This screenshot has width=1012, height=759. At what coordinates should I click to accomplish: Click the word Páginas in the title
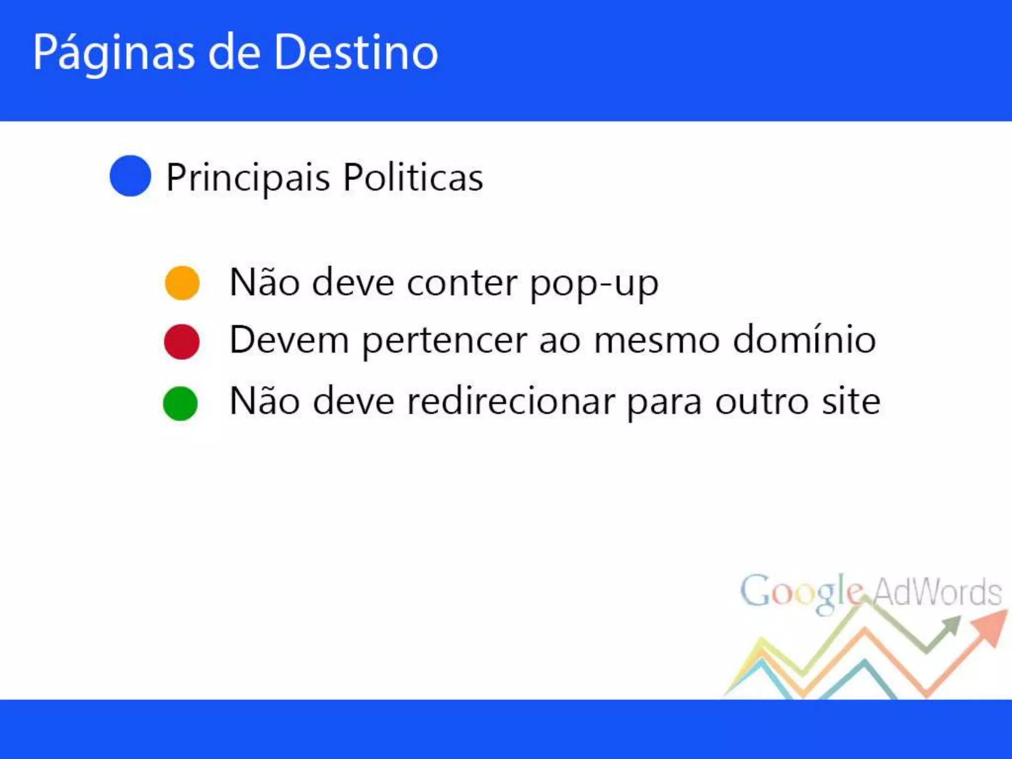(x=114, y=53)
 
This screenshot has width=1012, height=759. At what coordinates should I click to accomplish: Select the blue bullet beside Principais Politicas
(x=130, y=176)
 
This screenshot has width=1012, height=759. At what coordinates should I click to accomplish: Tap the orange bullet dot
(x=182, y=283)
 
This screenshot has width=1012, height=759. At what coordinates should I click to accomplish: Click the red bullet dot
(x=181, y=341)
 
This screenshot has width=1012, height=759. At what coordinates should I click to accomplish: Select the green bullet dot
(x=180, y=403)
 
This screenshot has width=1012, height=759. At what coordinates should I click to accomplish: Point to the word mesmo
(x=657, y=341)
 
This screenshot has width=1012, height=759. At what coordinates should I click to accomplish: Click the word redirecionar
(x=511, y=401)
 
